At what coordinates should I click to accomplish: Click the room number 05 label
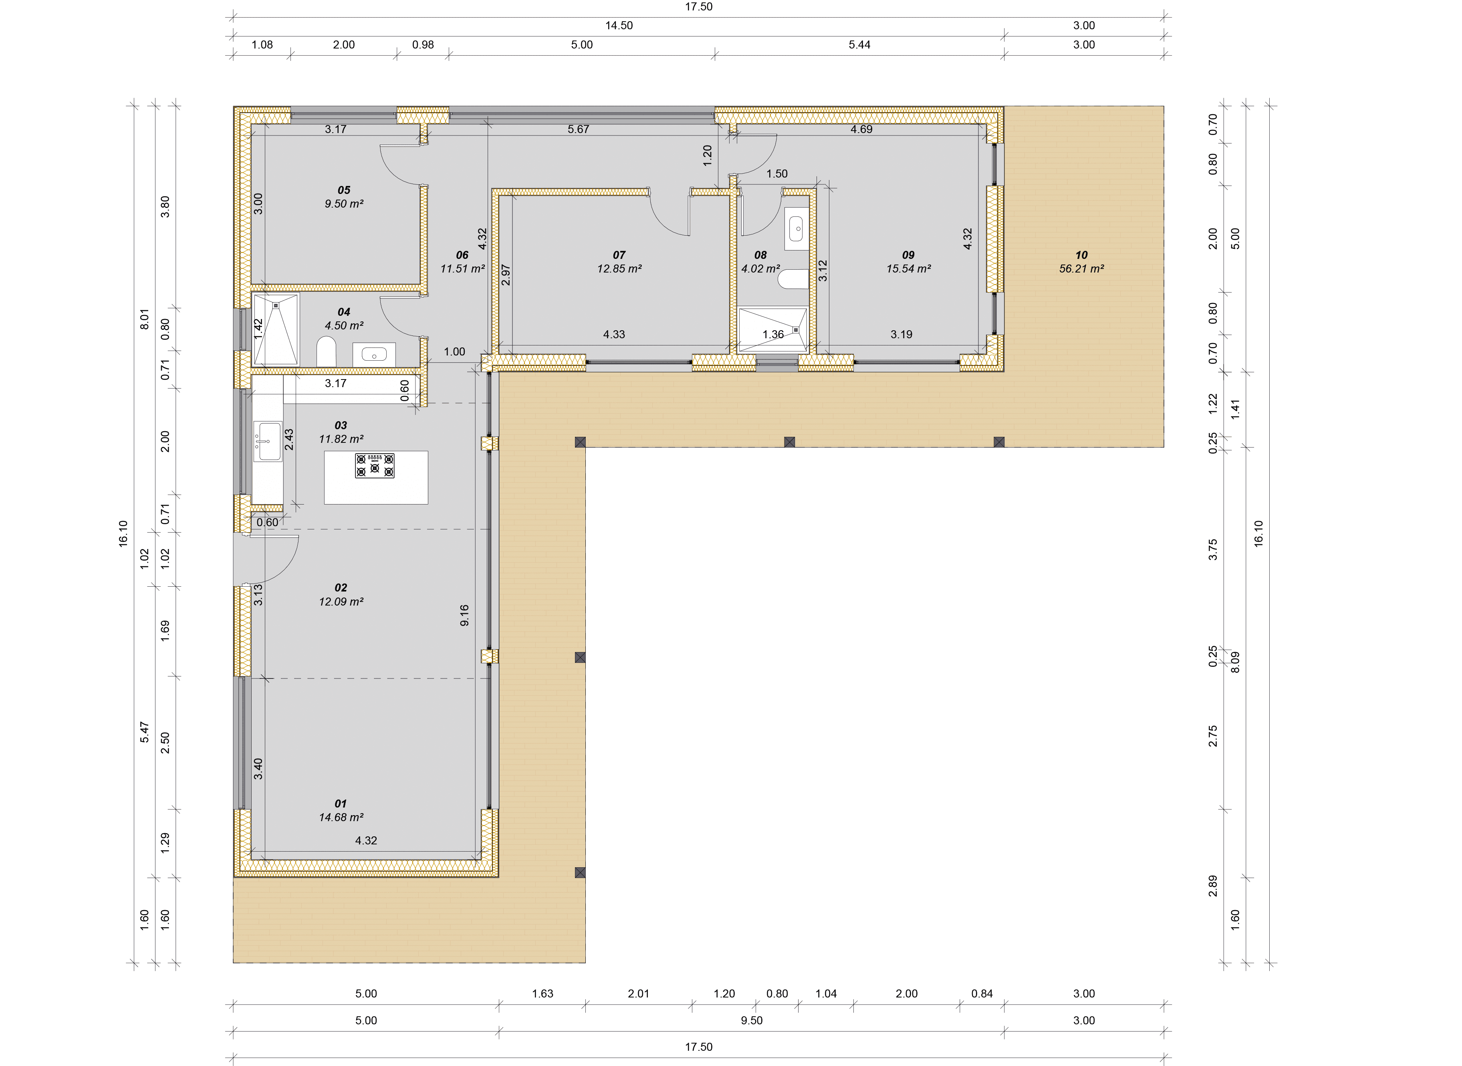[344, 190]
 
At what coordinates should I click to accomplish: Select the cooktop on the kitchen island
[375, 465]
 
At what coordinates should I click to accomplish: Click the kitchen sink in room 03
[268, 441]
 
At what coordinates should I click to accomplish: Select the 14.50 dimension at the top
[619, 26]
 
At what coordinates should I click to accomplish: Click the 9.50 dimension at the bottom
[752, 1020]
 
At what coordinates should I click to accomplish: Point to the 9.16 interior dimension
[464, 615]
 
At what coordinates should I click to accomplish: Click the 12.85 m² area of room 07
[619, 269]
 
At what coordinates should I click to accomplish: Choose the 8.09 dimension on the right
[1235, 662]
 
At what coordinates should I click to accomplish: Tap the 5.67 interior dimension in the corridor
[578, 129]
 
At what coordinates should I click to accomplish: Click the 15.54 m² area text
[908, 269]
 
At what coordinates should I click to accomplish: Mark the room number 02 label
[341, 588]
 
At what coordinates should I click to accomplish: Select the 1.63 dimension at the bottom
[542, 994]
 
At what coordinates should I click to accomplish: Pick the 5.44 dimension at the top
[859, 44]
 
